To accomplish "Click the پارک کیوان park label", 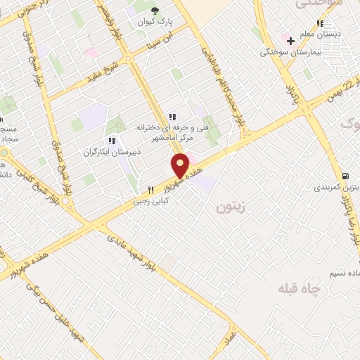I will click(154, 20).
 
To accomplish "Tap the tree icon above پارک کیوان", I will click(155, 11).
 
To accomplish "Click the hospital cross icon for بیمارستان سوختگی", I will click(290, 41).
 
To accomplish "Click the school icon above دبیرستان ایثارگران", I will click(112, 141).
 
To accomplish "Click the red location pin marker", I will click(181, 166).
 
